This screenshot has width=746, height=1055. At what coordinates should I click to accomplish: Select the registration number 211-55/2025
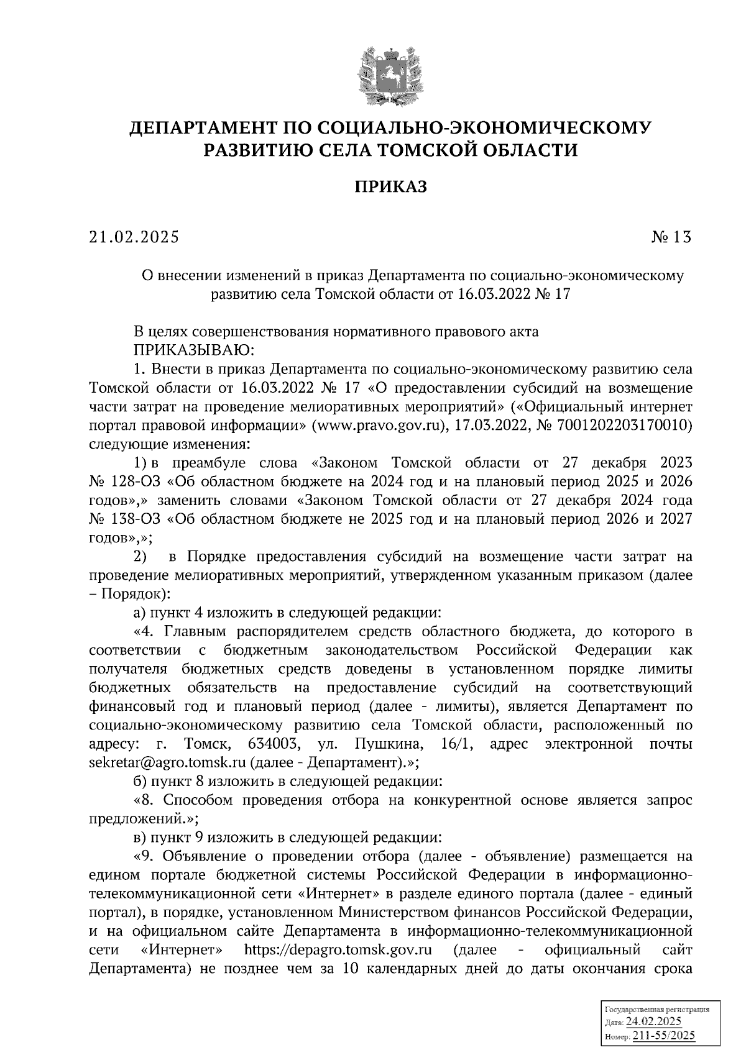tap(663, 1036)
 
